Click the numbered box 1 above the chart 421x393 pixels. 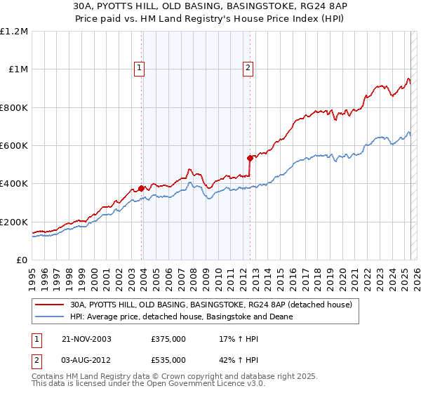[x=140, y=68]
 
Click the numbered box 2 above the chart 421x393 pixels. [x=248, y=68]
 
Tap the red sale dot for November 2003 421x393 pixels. [x=142, y=188]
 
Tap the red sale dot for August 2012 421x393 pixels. [x=249, y=158]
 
